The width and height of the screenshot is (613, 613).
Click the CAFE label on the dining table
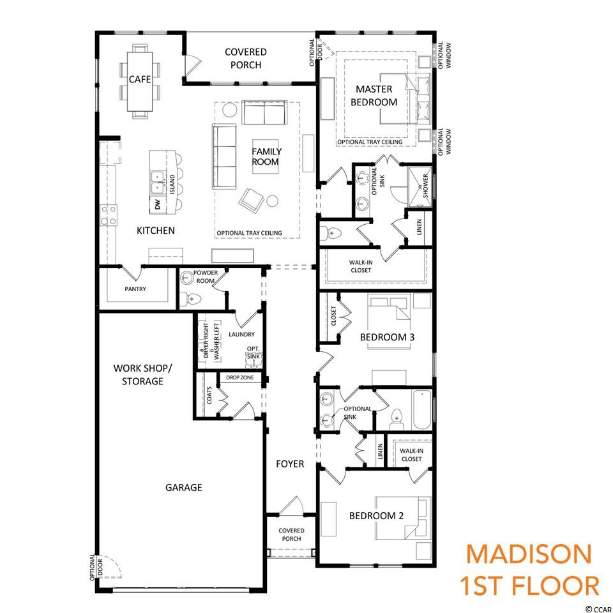click(x=140, y=79)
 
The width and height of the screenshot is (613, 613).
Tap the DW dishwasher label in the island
click(x=158, y=204)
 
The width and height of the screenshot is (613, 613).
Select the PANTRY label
click(x=135, y=289)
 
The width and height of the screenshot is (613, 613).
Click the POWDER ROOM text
click(x=205, y=276)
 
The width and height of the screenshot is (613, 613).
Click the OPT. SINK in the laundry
click(x=254, y=353)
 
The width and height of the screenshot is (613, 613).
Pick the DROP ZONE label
click(x=239, y=377)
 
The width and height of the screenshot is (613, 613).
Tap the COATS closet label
click(x=209, y=395)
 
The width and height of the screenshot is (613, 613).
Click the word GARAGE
click(x=184, y=487)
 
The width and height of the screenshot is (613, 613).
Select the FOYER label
click(x=290, y=464)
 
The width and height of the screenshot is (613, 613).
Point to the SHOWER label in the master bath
click(x=425, y=186)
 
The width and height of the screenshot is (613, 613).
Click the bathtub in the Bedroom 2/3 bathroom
click(x=421, y=409)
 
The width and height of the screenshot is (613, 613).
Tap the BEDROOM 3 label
click(x=387, y=337)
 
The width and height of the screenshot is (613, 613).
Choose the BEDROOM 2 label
click(x=376, y=516)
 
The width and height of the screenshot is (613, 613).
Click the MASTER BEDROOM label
click(x=374, y=96)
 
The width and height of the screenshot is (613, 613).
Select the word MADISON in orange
click(x=529, y=554)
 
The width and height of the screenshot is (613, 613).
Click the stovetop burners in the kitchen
click(x=109, y=215)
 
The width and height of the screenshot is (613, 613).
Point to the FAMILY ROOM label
click(x=266, y=157)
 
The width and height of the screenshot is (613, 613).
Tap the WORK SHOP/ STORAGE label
click(x=142, y=375)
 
